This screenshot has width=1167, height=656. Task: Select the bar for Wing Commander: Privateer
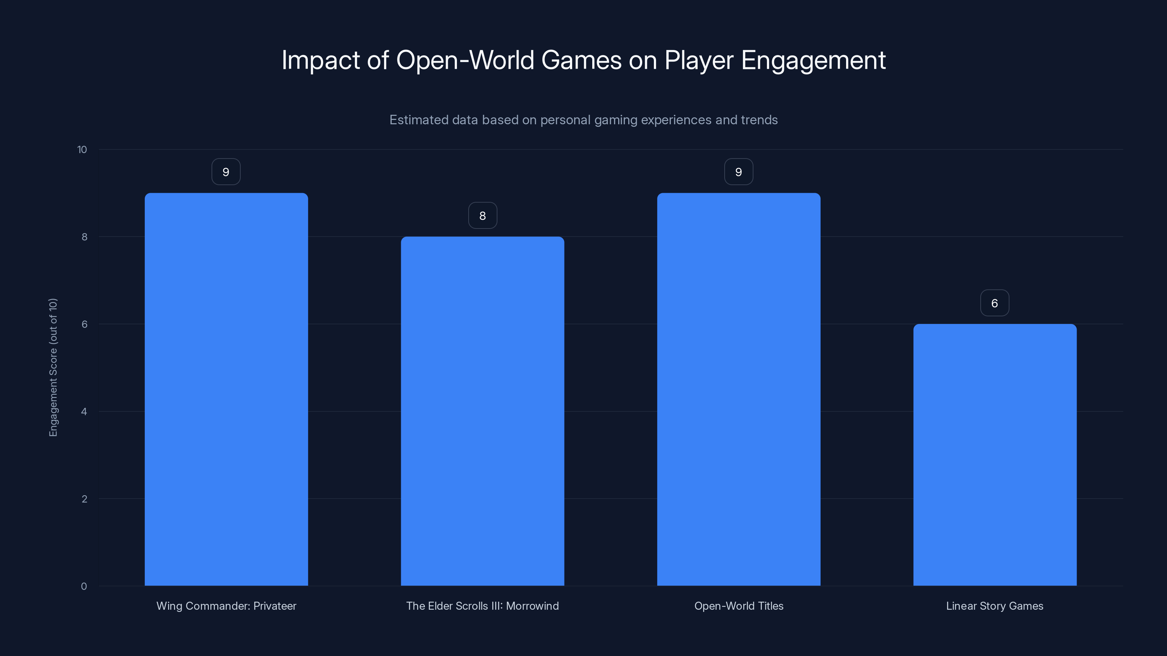click(x=226, y=389)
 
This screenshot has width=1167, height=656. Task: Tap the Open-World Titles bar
click(x=738, y=389)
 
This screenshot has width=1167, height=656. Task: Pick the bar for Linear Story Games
click(x=995, y=454)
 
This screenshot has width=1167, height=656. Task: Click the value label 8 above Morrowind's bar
click(x=482, y=215)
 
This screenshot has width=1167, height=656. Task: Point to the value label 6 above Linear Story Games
click(x=995, y=303)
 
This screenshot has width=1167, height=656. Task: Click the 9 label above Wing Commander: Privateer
click(x=226, y=172)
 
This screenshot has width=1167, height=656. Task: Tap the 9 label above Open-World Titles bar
click(x=738, y=172)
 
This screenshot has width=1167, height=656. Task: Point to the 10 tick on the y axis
click(x=82, y=149)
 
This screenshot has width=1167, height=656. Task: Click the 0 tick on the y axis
click(x=84, y=586)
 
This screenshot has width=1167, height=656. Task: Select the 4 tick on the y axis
click(x=84, y=411)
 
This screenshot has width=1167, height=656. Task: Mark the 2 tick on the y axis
click(x=84, y=499)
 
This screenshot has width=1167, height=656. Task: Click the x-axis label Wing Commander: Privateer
click(x=226, y=606)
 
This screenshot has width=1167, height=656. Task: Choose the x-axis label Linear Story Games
click(x=995, y=606)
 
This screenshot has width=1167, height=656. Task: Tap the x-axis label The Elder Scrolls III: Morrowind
click(x=482, y=606)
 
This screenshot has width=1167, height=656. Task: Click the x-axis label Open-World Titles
click(x=738, y=606)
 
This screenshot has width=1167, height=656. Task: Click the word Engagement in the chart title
click(x=813, y=60)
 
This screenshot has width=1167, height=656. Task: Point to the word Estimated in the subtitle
click(x=417, y=120)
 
